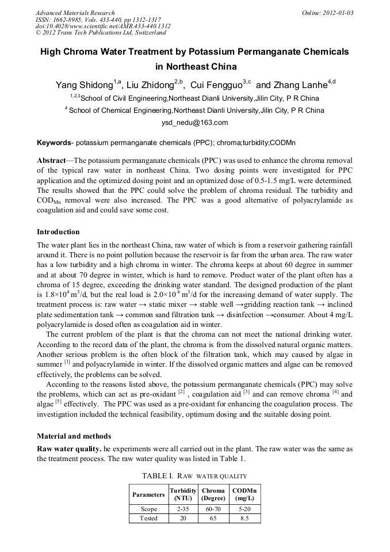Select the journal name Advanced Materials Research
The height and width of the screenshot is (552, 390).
(x=75, y=13)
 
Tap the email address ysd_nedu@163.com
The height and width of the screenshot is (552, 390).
(x=195, y=123)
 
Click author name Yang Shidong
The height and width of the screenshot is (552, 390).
(x=84, y=85)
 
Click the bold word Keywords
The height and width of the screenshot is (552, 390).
(x=54, y=142)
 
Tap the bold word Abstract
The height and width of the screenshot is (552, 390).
(x=51, y=160)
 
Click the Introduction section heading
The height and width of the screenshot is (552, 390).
(x=58, y=232)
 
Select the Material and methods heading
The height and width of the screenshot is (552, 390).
(x=74, y=436)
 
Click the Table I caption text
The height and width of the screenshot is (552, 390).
(x=194, y=476)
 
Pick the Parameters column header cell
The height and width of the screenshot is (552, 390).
(x=148, y=494)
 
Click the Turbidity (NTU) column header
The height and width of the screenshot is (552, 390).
(x=183, y=494)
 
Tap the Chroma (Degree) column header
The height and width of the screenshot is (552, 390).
(x=213, y=494)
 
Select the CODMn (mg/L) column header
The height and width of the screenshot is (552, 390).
(x=244, y=494)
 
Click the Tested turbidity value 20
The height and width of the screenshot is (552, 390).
(x=183, y=518)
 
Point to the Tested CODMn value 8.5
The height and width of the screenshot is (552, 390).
(x=244, y=518)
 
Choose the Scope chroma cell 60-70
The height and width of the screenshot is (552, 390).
(x=213, y=509)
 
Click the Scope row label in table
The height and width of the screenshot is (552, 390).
(x=148, y=509)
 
